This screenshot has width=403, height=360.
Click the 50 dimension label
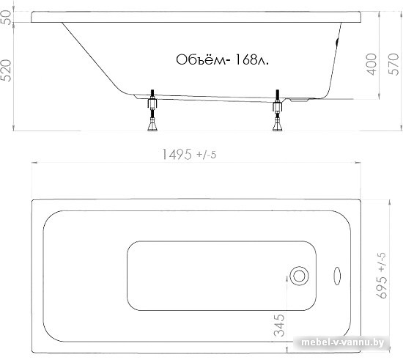pyautogui.click(x=7, y=17)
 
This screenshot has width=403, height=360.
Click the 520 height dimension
pyautogui.click(x=7, y=70)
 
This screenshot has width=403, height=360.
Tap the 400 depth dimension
pyautogui.click(x=371, y=65)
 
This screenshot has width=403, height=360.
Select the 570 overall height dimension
pyautogui.click(x=393, y=65)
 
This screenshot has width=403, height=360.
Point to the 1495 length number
pyautogui.click(x=177, y=154)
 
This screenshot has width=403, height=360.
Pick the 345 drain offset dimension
pyautogui.click(x=279, y=326)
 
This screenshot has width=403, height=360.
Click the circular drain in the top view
pyautogui.click(x=299, y=276)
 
